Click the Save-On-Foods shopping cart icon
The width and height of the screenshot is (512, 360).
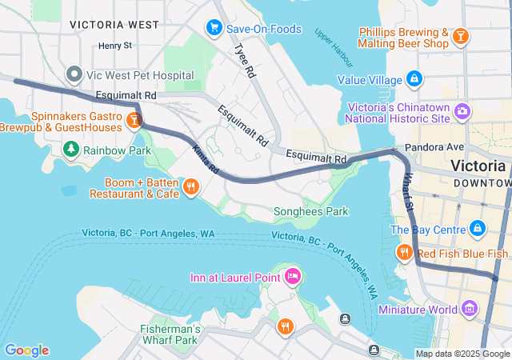214,29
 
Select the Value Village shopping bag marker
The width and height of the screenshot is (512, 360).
414,80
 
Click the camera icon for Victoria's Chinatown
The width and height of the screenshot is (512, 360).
462,110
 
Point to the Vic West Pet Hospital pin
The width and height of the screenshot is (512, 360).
74,75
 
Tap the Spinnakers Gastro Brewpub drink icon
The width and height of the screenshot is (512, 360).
134,121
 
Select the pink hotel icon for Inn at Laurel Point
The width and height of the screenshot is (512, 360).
293,278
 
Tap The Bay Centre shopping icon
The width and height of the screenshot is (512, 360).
478,230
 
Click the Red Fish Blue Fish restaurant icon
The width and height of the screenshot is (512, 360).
405,254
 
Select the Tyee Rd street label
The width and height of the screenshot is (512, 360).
243,60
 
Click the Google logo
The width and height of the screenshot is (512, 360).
26,350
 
